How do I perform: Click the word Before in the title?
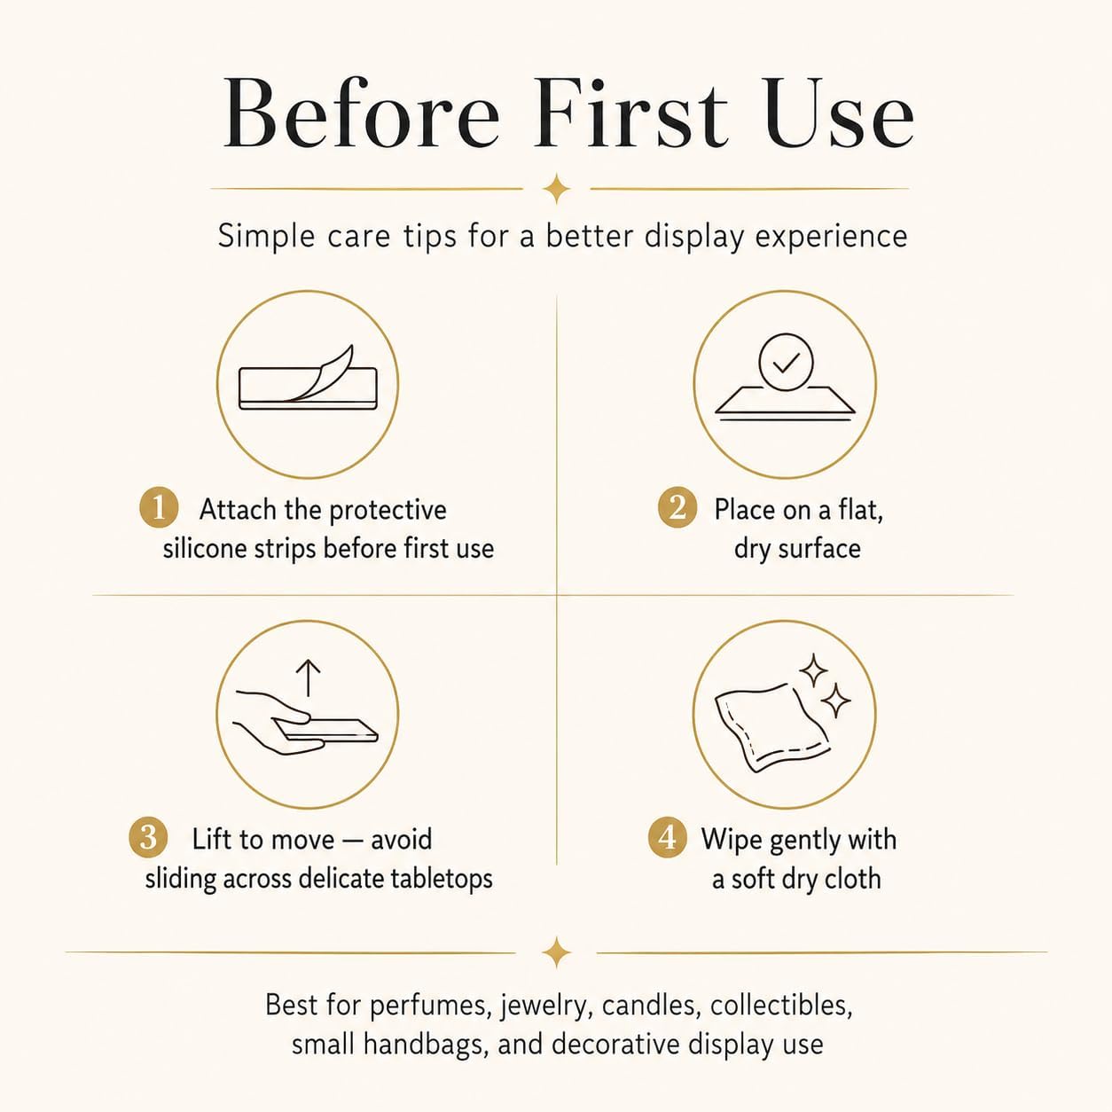tap(361, 113)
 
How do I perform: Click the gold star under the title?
tap(556, 188)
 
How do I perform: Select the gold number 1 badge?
tap(159, 508)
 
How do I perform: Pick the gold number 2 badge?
tap(677, 508)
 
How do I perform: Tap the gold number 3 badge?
tap(148, 837)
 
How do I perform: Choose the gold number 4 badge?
tap(668, 837)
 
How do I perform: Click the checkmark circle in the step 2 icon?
tap(786, 362)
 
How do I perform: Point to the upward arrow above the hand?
tap(309, 677)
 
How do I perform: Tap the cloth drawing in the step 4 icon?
tap(772, 728)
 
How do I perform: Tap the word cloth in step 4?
tap(853, 879)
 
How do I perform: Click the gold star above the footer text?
tap(556, 952)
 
